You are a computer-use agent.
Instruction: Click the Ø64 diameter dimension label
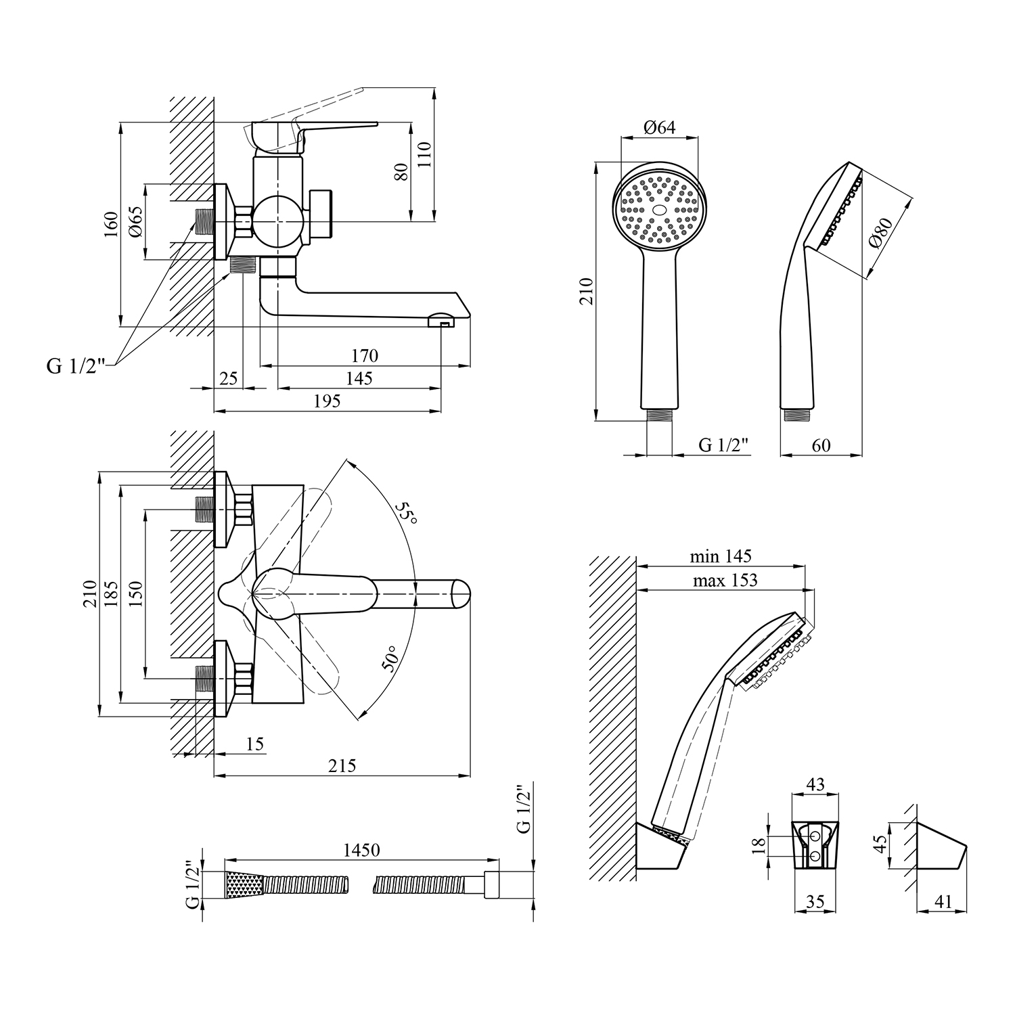pos(660,128)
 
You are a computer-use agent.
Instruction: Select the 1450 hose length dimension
pos(361,850)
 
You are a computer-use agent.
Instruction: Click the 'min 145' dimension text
pos(721,556)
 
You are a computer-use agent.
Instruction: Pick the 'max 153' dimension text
pos(725,580)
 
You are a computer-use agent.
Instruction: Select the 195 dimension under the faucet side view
pos(327,401)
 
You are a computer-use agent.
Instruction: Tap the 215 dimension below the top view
pos(342,765)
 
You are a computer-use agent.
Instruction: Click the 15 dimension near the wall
pos(254,744)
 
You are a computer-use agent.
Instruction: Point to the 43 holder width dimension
pos(816,784)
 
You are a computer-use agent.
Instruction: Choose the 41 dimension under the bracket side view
pos(942,901)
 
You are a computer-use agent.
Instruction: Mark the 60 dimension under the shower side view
pos(821,445)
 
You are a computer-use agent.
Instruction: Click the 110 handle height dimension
pos(424,155)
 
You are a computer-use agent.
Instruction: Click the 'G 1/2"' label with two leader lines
pos(76,366)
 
